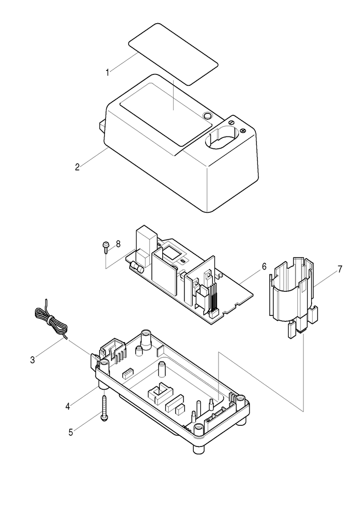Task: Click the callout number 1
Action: click(107, 72)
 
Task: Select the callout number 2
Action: click(77, 167)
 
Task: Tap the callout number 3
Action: click(33, 360)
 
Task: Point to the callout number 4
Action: click(68, 407)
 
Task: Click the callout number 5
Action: click(71, 432)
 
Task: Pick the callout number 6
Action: click(264, 266)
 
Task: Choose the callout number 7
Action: click(340, 269)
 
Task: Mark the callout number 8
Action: click(118, 244)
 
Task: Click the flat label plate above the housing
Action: click(173, 54)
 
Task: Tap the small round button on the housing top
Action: click(207, 115)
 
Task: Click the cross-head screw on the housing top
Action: click(243, 131)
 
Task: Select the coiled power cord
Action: click(51, 321)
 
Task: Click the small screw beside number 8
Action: click(106, 247)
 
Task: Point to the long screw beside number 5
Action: click(104, 409)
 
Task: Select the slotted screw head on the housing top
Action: click(231, 122)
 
